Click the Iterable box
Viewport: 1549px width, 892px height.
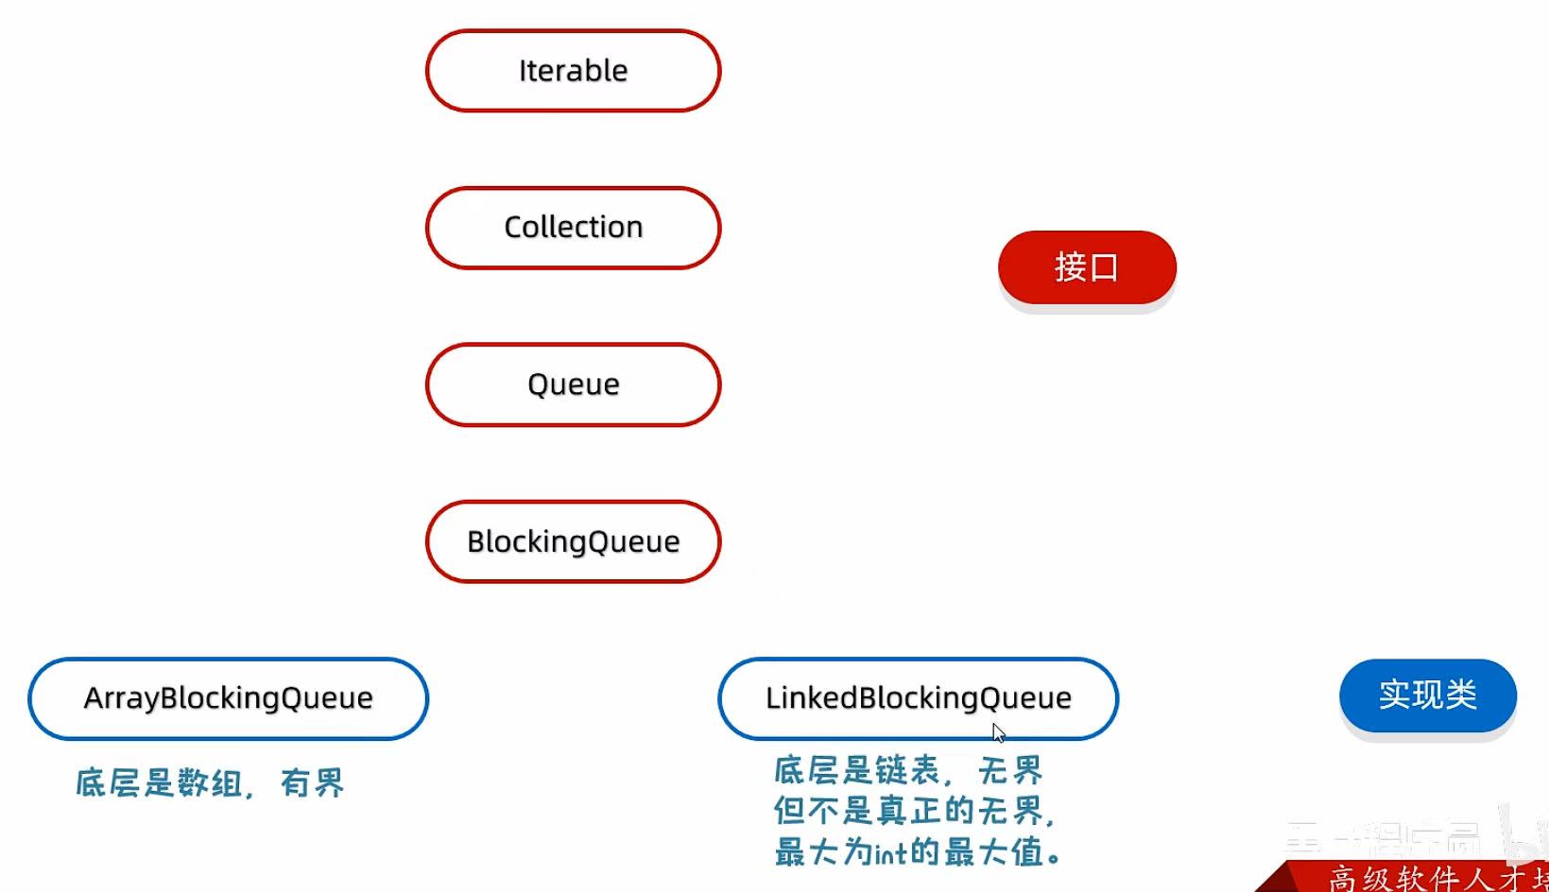click(x=573, y=71)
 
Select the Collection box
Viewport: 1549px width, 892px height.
click(x=573, y=228)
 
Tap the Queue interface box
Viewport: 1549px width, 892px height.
click(x=573, y=385)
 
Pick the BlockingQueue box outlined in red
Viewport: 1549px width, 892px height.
click(x=573, y=541)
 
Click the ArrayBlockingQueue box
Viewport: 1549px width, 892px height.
click(x=228, y=698)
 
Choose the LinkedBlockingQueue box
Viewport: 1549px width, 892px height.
click(x=918, y=698)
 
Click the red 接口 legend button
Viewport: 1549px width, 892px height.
click(x=1087, y=267)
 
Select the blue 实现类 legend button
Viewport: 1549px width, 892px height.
click(x=1427, y=695)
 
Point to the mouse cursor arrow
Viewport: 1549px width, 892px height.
click(x=998, y=733)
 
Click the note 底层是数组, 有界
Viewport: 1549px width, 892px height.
click(x=210, y=783)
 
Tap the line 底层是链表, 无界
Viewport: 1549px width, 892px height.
click(x=907, y=771)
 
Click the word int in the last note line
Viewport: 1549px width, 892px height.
click(x=890, y=854)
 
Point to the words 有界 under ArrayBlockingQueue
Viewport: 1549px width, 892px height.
click(x=312, y=783)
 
